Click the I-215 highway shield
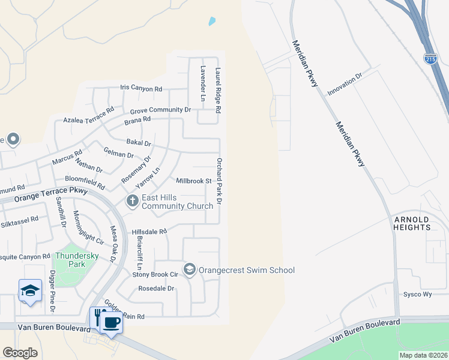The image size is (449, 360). [x=430, y=58]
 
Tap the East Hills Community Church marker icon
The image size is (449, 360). [x=131, y=201]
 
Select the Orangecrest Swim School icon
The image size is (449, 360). [x=190, y=269]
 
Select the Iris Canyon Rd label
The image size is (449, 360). [x=141, y=88]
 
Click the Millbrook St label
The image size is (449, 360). [x=194, y=181]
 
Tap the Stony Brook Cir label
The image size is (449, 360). [x=156, y=274]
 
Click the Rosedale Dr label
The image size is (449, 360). [x=156, y=288]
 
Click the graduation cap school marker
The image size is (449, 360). [x=29, y=291]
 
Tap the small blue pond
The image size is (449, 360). [x=211, y=22]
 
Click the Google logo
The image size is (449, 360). [x=20, y=352]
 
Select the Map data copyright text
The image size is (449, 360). [x=423, y=355]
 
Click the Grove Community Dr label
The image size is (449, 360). [x=160, y=110]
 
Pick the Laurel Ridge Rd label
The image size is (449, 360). [x=219, y=90]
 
